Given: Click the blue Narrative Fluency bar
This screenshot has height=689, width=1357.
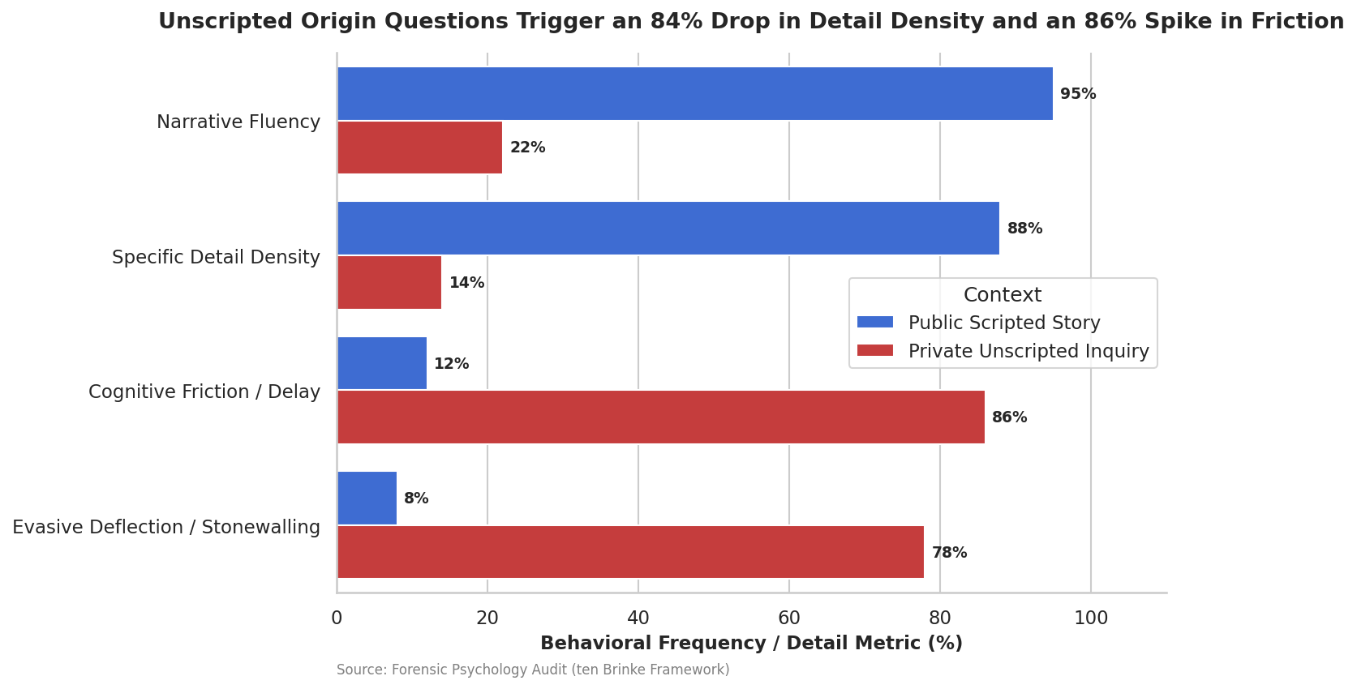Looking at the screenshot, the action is click(695, 94).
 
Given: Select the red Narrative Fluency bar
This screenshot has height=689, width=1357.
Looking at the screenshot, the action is click(420, 148).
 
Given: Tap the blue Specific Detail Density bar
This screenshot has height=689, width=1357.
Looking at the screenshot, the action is click(668, 229).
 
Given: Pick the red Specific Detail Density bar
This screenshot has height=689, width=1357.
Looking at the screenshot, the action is click(389, 283).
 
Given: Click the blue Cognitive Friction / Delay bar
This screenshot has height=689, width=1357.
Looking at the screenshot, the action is click(382, 363).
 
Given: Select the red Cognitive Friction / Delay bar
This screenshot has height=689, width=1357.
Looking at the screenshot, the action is click(661, 417).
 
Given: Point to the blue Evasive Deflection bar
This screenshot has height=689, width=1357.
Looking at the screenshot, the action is click(367, 499).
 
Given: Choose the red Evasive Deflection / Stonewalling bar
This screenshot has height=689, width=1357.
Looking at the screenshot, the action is click(630, 552).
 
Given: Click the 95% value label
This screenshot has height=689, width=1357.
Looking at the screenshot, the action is click(1078, 94).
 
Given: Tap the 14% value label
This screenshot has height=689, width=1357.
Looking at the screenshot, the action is click(466, 283).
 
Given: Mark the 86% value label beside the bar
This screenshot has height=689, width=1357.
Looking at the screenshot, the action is click(1010, 417).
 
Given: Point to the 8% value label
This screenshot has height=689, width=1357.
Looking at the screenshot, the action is click(416, 499).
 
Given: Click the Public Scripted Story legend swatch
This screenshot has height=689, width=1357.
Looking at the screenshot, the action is click(875, 323).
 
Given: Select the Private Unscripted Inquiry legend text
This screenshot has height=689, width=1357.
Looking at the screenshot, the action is click(1028, 351).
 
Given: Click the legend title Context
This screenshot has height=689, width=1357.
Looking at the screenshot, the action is click(1003, 295).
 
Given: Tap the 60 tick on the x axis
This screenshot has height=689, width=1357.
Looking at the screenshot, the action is click(789, 618).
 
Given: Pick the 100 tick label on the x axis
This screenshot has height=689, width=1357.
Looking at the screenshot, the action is click(1091, 618).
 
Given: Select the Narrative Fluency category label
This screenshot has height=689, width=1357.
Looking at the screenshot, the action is click(238, 122).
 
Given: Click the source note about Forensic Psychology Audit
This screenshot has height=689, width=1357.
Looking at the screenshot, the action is click(533, 670).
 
